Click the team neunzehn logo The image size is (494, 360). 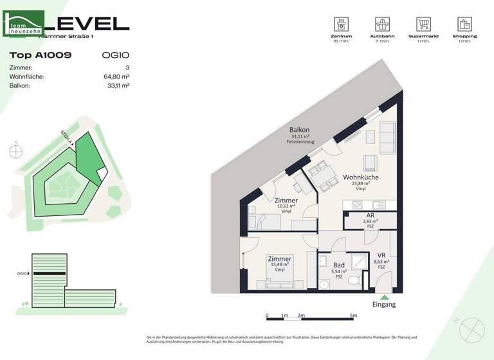pyautogui.click(x=25, y=25)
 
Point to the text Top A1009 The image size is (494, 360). pyautogui.click(x=41, y=55)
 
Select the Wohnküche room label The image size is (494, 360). pyautogui.click(x=360, y=177)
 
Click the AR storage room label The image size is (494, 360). pyautogui.click(x=370, y=215)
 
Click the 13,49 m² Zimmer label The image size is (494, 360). pyautogui.click(x=279, y=259)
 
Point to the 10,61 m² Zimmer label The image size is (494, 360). pyautogui.click(x=286, y=201)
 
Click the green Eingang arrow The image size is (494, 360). pyautogui.click(x=385, y=297)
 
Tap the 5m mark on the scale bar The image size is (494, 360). pyautogui.click(x=353, y=316)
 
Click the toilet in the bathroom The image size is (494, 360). pyautogui.click(x=353, y=281)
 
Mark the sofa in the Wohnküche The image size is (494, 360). pyautogui.click(x=388, y=135)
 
